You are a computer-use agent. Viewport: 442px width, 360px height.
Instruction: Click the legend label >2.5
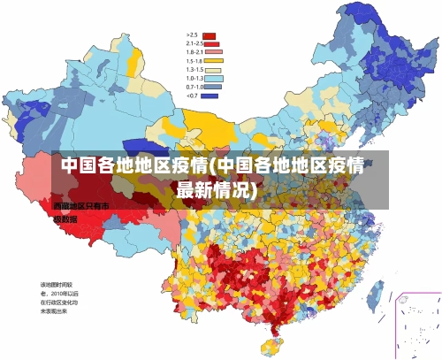tap(192, 35)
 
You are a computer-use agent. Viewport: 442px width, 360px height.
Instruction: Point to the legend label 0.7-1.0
tap(194, 87)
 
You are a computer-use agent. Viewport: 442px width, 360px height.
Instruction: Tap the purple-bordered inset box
tap(415, 323)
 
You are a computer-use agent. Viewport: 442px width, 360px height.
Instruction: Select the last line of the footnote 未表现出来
tap(55, 311)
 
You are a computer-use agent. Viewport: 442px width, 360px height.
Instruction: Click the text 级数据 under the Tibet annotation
tap(65, 218)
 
